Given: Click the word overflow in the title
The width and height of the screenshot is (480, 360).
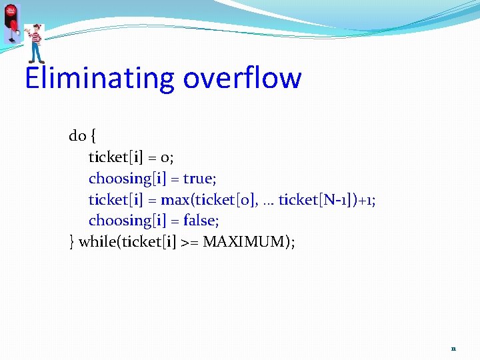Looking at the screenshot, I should pos(242,78).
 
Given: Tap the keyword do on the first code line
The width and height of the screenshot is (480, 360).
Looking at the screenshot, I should pos(77,136).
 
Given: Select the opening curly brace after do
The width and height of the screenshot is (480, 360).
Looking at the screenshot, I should pos(93,137).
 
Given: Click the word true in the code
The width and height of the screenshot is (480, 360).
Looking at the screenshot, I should pos(198,178).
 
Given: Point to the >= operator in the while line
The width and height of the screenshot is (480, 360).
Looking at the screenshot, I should pos(189,241).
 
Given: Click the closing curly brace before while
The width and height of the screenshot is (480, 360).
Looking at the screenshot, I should pos(72,241).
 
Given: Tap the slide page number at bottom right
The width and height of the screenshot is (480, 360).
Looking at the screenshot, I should pos(453,349).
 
